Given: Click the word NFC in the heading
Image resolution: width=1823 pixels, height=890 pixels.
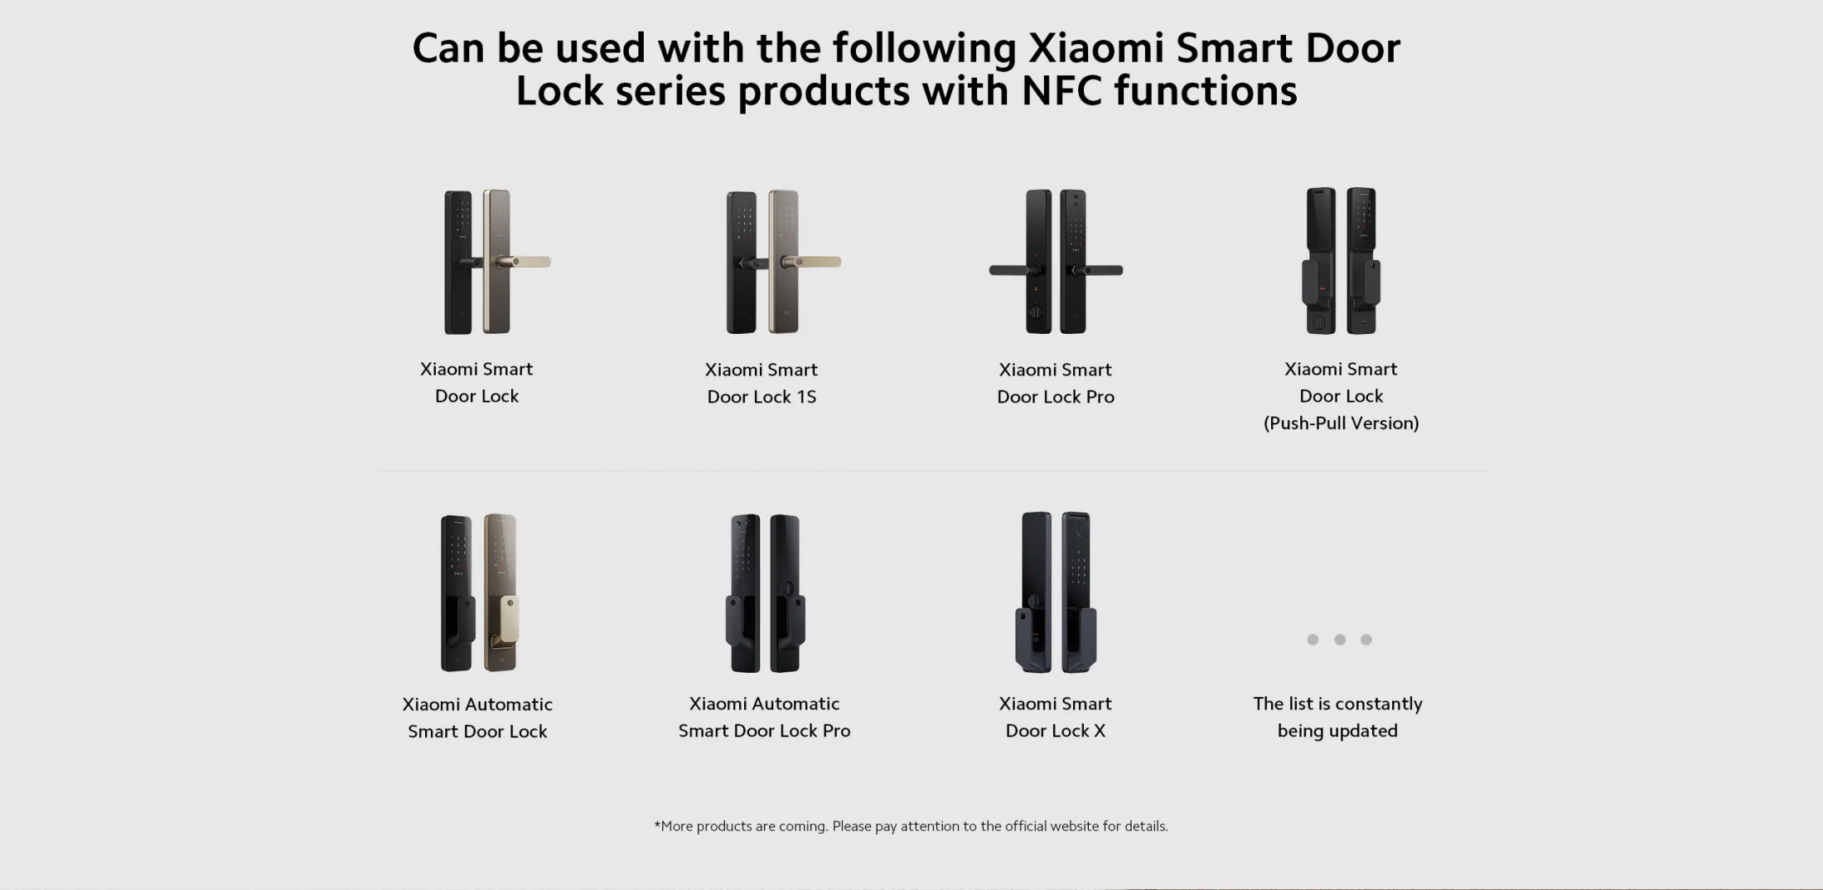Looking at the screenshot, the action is pos(1061,89).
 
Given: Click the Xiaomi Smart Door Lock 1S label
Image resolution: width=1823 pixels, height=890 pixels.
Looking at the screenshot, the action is pos(762,383).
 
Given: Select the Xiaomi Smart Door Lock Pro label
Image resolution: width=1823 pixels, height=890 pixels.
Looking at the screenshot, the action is pos(1056,383).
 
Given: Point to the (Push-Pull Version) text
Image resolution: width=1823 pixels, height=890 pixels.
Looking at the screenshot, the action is pos(1341,423).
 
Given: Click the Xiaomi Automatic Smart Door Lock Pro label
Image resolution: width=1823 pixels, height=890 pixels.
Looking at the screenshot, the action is pos(764,717).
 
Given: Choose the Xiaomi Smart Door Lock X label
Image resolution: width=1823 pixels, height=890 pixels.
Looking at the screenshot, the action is pos(1056,717).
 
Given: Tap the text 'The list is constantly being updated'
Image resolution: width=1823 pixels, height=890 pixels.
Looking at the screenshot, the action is pos(1337,717).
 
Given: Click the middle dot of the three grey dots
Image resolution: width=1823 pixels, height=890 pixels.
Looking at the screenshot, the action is pos(1339,640).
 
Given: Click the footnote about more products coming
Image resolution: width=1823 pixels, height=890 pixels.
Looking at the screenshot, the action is pos(911,826).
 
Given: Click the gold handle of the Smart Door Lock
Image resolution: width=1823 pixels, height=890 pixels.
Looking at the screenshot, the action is pos(523,262).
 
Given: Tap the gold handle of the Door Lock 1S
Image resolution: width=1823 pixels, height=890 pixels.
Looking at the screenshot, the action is pos(812,262).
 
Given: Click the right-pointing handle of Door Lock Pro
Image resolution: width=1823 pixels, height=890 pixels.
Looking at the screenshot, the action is pos(1095,270).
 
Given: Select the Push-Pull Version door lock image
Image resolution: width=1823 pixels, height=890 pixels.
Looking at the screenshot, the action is pos(1341,261).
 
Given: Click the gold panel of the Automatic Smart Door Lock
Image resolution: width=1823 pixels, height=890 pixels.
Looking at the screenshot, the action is pos(501,593).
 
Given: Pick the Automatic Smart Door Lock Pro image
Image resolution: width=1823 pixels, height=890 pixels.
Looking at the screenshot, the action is pos(765,593).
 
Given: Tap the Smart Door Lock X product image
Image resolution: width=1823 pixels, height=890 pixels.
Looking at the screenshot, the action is pos(1056,592).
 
